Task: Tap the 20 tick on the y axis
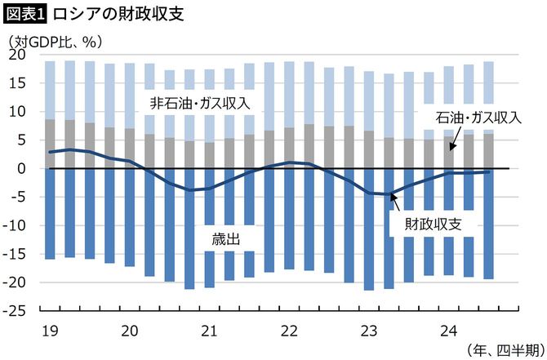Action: (x=18, y=55)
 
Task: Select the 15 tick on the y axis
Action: (x=18, y=83)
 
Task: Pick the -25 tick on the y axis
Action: (x=15, y=311)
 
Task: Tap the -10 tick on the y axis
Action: (x=15, y=225)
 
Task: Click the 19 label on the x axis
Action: (x=50, y=330)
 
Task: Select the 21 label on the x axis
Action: (x=209, y=330)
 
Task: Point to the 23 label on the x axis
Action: (x=369, y=330)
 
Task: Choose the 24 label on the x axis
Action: (x=448, y=330)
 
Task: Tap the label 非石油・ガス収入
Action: (x=199, y=104)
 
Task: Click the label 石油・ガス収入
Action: (x=478, y=118)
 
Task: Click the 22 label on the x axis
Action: (x=289, y=330)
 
